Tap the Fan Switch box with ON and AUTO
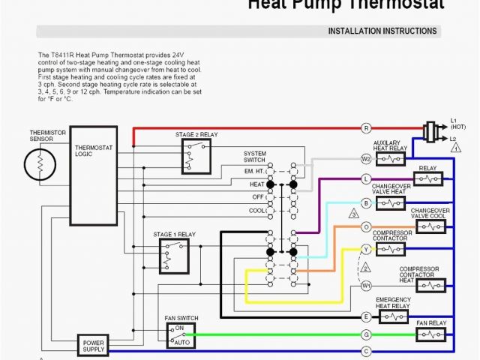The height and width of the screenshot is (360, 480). tap(181, 335)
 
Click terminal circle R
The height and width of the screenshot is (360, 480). tap(366, 129)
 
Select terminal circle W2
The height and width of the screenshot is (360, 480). tap(366, 159)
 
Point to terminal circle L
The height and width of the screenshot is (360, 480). tap(366, 179)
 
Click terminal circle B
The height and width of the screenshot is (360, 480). tap(366, 203)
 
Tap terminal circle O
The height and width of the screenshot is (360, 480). tap(366, 226)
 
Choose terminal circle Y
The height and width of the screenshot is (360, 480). tap(366, 248)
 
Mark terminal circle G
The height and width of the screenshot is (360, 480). tap(366, 334)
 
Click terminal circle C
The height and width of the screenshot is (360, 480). tap(366, 350)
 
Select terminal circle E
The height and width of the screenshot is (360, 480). tap(366, 317)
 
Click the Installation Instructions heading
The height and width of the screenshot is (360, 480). tap(382, 31)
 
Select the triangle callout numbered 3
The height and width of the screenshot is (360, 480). tap(353, 214)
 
